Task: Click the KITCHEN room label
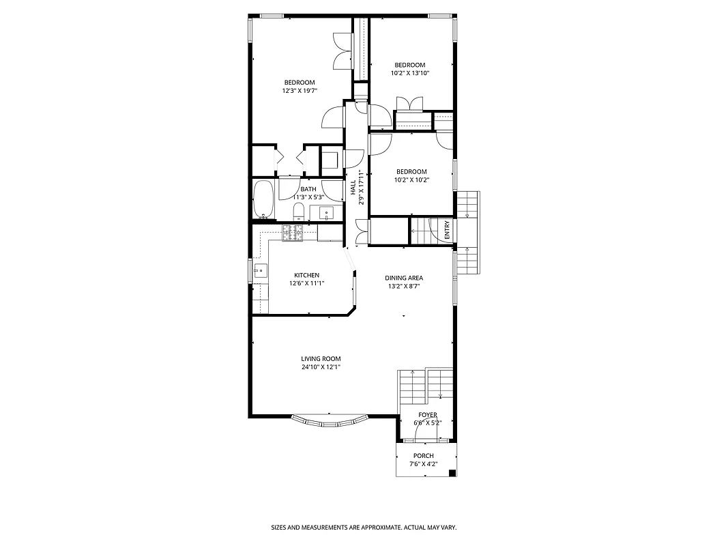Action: (x=306, y=275)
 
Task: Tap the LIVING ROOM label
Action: (x=321, y=358)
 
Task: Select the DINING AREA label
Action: (x=404, y=278)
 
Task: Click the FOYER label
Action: (x=428, y=414)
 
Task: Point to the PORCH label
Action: (x=423, y=456)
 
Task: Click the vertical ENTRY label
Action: (x=447, y=229)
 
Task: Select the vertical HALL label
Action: (x=353, y=188)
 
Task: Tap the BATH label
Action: (x=308, y=189)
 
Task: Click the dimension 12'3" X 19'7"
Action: (x=300, y=91)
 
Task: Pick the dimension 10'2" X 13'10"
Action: (x=410, y=73)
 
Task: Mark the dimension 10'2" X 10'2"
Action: (x=411, y=180)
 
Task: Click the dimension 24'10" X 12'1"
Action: (x=321, y=367)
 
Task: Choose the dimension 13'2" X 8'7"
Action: (x=404, y=287)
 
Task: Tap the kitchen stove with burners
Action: (x=293, y=232)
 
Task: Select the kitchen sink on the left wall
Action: (x=259, y=271)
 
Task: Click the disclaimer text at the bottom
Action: (x=364, y=528)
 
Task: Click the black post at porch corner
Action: (x=454, y=473)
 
